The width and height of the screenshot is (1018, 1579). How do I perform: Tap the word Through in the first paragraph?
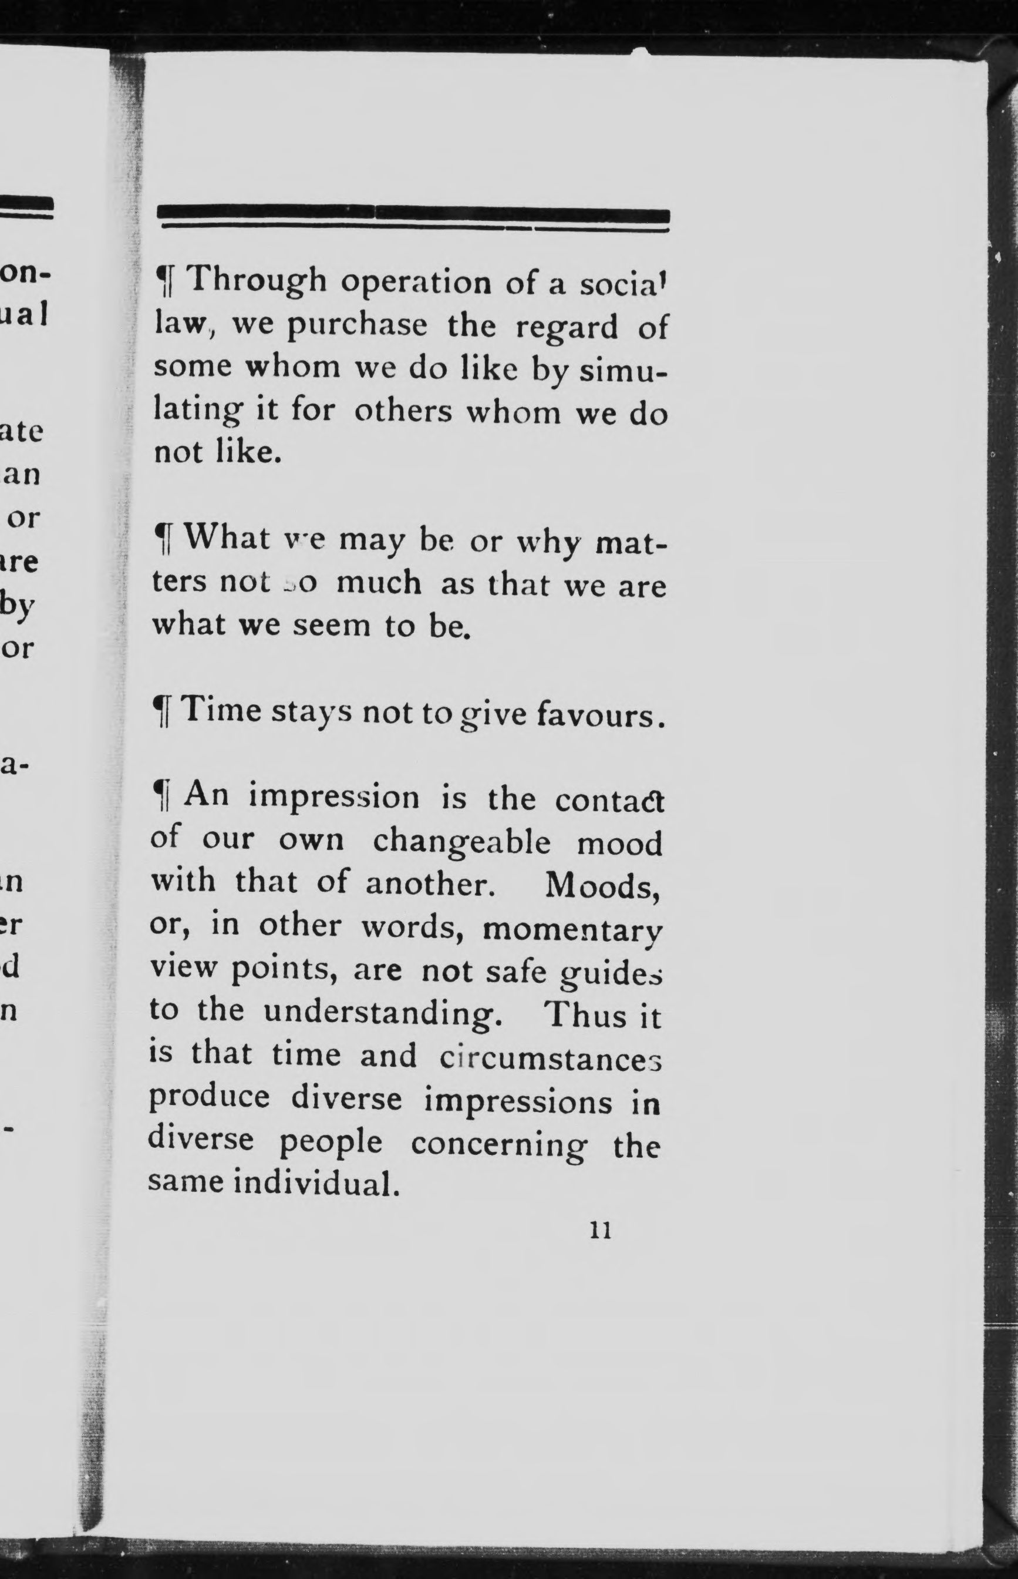(258, 280)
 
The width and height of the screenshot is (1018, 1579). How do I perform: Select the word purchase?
(357, 327)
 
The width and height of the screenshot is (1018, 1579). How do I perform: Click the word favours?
(599, 715)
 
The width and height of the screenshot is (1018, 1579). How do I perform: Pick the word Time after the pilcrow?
(222, 711)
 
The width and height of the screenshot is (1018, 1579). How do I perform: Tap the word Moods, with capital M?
(602, 886)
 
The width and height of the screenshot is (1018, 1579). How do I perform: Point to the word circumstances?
(550, 1057)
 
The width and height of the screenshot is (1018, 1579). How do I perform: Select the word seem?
(331, 625)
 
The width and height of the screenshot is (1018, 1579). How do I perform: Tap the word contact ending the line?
(609, 801)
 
